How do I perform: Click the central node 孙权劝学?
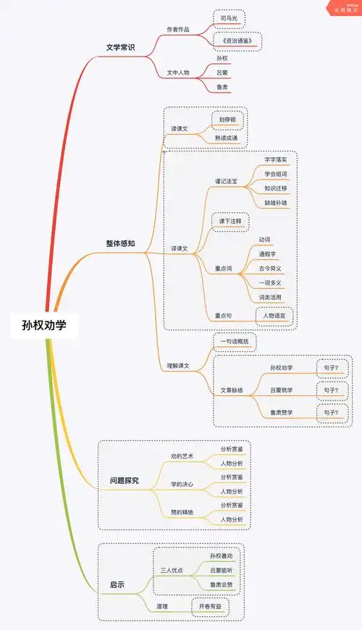tap(43, 325)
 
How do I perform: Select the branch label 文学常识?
tap(120, 48)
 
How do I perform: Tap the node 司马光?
tap(228, 16)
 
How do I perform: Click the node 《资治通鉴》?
tap(237, 41)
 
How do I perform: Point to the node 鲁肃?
tap(224, 88)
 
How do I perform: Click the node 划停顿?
tap(227, 119)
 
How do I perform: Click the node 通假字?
tap(270, 254)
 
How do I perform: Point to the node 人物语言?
tap(274, 316)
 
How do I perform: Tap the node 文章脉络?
tap(232, 390)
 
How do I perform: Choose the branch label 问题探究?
tap(124, 480)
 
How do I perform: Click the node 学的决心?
tap(182, 483)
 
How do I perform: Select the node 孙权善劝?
tap(222, 555)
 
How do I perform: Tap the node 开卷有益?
tap(209, 605)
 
